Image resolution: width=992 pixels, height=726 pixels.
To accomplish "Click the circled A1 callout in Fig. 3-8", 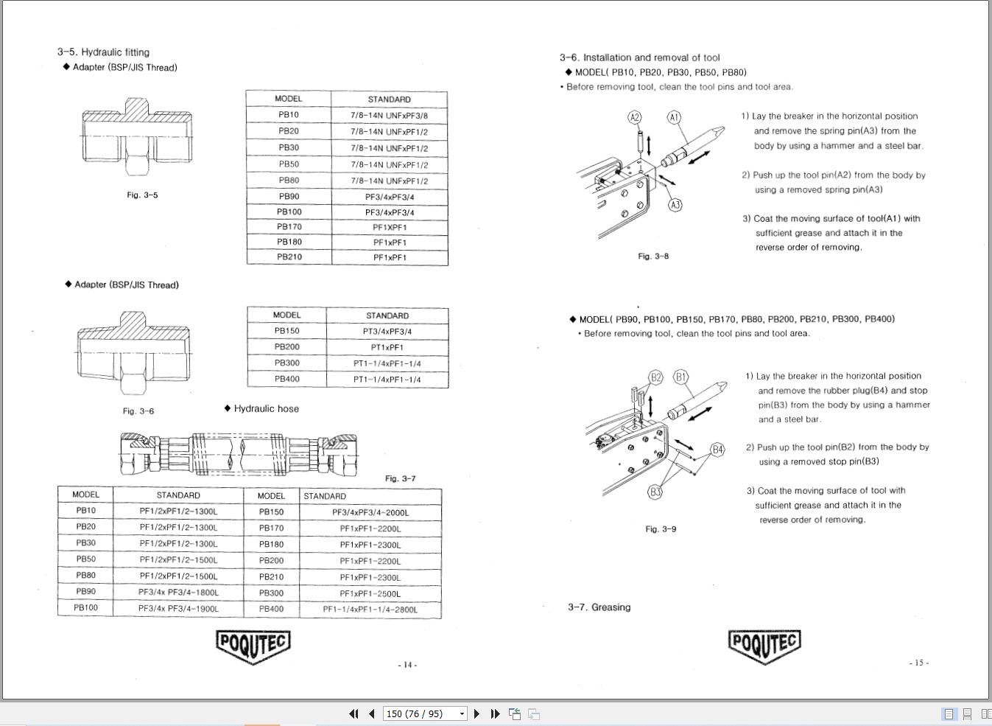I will (674, 117).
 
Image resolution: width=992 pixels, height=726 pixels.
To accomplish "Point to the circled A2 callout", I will (635, 117).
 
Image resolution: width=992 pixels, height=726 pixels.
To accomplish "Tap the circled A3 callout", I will (675, 205).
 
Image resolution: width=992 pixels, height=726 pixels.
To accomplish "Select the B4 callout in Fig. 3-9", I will (717, 449).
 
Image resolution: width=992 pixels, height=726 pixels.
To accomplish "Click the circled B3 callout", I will (655, 492).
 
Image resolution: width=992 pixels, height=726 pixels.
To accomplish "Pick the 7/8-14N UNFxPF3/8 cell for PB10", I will (389, 115).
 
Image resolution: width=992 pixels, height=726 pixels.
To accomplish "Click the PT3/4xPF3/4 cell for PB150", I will (387, 331).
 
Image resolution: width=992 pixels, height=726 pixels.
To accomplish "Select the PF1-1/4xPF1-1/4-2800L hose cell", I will (370, 610).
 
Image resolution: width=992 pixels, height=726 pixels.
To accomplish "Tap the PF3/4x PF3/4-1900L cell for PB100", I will (178, 608).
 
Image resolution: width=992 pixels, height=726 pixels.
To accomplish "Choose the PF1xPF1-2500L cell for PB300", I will (370, 593).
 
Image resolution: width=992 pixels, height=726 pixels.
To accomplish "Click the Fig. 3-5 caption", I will (142, 195).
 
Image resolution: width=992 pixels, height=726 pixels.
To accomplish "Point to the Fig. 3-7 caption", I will (400, 478).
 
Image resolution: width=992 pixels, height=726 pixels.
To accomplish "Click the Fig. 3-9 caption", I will (661, 529).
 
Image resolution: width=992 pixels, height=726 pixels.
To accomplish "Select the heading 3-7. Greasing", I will (599, 607).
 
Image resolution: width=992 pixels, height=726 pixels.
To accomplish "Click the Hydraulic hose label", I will (266, 408).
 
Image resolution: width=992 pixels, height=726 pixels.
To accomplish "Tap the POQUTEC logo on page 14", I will (253, 645).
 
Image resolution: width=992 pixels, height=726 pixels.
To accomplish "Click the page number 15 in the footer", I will (918, 663).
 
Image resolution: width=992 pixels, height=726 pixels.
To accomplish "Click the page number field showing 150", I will (420, 713).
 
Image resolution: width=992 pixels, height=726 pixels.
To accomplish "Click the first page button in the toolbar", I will (354, 713).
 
